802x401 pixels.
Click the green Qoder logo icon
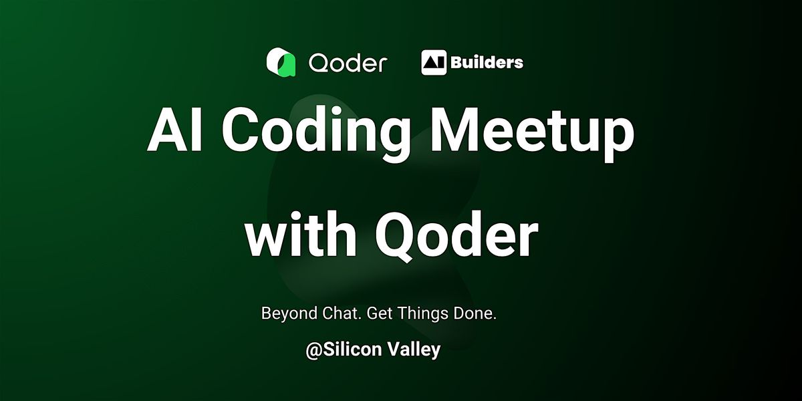281,62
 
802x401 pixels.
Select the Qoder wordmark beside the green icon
348,63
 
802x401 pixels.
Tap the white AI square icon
434,62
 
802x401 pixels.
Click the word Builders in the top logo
487,62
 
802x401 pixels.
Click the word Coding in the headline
317,132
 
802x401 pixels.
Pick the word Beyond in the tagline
289,313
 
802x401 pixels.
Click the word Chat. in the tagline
342,313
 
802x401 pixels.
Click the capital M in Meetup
456,130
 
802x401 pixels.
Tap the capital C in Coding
244,130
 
